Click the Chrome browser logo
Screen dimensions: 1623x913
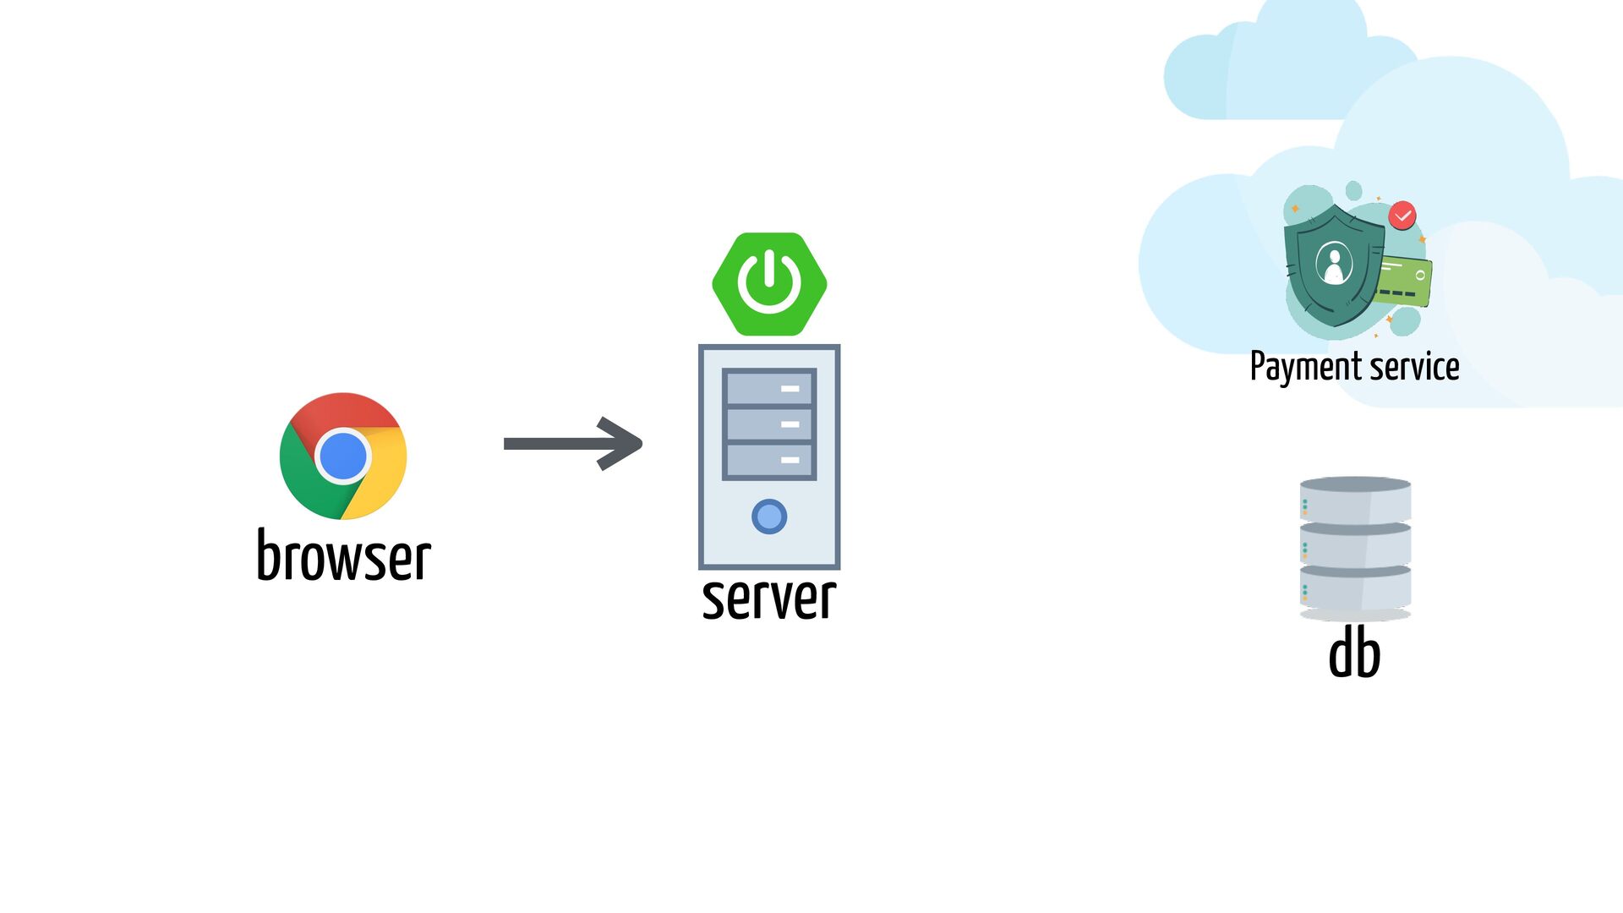coord(343,456)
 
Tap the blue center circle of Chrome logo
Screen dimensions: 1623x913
coord(343,456)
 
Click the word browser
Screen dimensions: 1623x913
coord(344,555)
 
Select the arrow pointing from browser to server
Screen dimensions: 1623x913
coord(573,443)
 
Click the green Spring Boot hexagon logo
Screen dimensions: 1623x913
coord(769,284)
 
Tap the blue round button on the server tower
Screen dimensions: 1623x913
coord(769,517)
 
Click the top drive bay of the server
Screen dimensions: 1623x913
coord(769,388)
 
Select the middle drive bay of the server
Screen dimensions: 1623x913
coord(769,424)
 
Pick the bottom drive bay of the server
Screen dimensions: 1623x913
coord(769,460)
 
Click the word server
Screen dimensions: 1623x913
coord(769,599)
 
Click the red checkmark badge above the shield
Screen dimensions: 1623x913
coord(1402,216)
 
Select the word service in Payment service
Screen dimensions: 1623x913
coord(1415,367)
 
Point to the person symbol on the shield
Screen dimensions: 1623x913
coord(1334,264)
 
